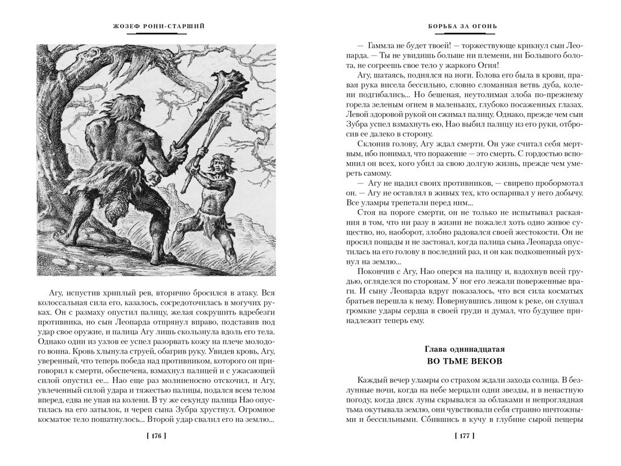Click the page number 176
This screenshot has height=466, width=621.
156,435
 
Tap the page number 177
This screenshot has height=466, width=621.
464,435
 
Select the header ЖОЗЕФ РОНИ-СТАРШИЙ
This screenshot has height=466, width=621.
156,26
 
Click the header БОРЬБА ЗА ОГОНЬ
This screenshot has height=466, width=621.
464,26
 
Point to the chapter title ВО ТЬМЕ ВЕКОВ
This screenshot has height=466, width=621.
464,361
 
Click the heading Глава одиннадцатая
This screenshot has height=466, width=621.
464,349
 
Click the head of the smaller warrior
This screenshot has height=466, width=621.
215,165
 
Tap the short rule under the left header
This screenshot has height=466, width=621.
156,34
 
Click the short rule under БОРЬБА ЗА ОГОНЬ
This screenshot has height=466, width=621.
464,34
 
